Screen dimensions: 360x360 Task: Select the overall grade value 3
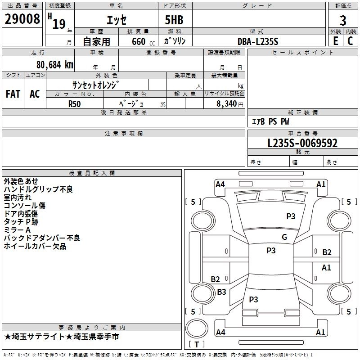pos(343,20)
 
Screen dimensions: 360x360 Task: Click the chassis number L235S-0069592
pos(302,144)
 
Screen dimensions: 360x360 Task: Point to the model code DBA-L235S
pos(258,41)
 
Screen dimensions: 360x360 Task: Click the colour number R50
pos(75,103)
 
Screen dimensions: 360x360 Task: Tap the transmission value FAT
pos(13,94)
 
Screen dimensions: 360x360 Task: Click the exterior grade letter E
pos(335,41)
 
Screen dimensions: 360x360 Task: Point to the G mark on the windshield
pos(284,237)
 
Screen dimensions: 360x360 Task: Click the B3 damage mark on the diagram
pos(221,292)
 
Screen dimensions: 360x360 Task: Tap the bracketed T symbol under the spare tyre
pos(196,345)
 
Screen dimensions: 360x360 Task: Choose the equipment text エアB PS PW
pos(270,121)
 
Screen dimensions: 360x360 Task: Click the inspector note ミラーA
pos(18,230)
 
